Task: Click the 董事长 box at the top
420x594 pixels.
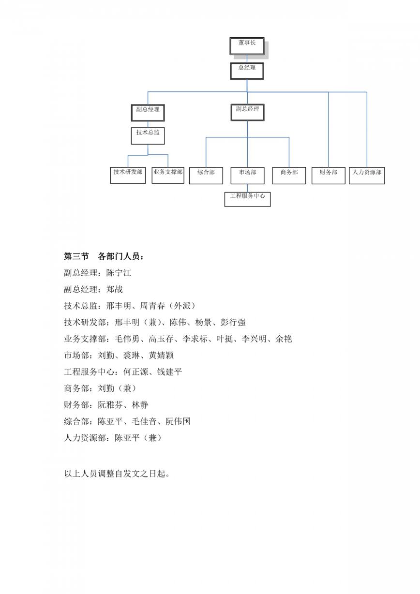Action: pos(247,46)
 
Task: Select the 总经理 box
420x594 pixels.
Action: pos(247,71)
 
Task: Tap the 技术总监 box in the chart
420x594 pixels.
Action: pos(148,136)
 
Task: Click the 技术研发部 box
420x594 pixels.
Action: pos(128,175)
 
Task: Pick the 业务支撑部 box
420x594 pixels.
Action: pos(168,175)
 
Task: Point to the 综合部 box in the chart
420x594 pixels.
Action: pos(206,176)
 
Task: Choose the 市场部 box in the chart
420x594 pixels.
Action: pos(248,176)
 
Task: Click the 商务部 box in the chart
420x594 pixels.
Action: pos(289,176)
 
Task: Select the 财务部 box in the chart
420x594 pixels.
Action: pos(329,176)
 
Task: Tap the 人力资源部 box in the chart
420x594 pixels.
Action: pos(367,176)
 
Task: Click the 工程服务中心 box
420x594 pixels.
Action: pos(248,199)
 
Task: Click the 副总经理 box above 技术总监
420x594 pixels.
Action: pos(148,113)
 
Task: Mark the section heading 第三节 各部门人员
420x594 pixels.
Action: pos(104,256)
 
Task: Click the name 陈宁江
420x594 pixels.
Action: pos(119,273)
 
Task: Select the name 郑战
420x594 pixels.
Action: pos(115,289)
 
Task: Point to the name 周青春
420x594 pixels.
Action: pos(152,306)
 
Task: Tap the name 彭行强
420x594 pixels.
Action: pos(233,322)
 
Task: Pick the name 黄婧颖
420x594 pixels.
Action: pos(161,356)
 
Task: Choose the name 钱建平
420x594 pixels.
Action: pos(169,372)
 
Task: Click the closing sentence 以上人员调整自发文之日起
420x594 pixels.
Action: pos(117,474)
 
